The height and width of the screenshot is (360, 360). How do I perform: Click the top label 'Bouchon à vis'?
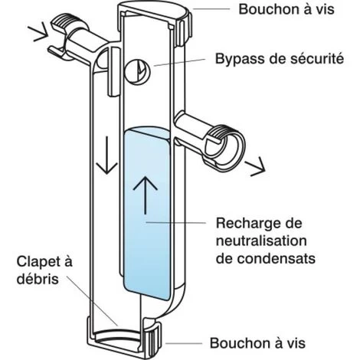286,9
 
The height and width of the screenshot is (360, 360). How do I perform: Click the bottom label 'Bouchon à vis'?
257,343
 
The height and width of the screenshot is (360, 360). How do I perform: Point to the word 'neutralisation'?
261,241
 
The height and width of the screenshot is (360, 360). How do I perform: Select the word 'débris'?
38,279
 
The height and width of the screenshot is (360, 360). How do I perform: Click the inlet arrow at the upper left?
38,31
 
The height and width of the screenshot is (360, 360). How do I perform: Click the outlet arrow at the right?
255,166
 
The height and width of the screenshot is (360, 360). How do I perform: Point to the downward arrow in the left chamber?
106,155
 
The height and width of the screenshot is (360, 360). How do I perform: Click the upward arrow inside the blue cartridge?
146,195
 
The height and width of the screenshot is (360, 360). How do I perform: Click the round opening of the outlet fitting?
231,146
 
